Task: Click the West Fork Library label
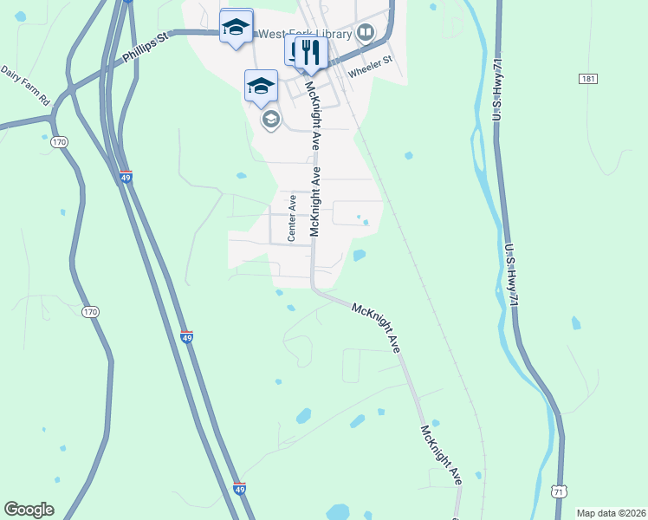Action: [306, 34]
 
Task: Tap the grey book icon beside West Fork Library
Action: [366, 34]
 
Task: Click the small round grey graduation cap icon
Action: [270, 120]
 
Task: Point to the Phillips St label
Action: [144, 50]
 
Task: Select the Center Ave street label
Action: [293, 218]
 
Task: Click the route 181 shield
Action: [588, 79]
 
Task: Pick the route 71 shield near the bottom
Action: [561, 491]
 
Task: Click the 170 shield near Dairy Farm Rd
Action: [59, 141]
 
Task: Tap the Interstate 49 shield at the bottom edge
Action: [240, 490]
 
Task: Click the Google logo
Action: [29, 509]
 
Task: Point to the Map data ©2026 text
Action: [611, 512]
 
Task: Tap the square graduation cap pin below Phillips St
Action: [261, 86]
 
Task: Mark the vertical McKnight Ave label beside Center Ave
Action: [316, 202]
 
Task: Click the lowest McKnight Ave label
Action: [442, 454]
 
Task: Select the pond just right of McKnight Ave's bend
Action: [359, 255]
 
